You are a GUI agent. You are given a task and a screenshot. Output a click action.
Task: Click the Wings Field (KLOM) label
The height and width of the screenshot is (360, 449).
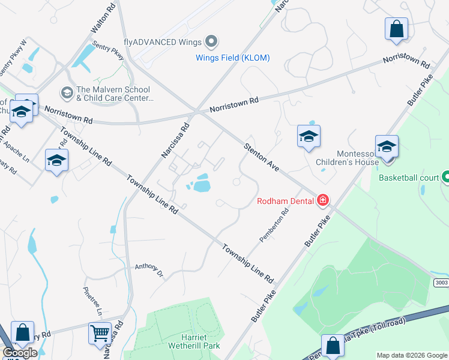click(233, 58)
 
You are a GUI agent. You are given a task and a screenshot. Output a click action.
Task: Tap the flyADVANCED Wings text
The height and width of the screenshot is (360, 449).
click(162, 42)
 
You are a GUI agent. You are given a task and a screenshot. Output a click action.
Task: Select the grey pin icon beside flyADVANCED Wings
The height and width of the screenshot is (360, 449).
click(211, 41)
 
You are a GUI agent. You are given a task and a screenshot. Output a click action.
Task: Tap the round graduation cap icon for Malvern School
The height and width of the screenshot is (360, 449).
click(67, 93)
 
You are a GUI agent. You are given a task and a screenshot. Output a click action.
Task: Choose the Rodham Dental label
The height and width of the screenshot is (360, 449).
click(286, 200)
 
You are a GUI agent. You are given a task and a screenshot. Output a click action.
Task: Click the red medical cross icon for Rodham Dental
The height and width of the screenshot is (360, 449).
click(323, 200)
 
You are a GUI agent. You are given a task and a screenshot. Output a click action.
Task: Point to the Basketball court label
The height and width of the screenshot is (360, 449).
click(409, 178)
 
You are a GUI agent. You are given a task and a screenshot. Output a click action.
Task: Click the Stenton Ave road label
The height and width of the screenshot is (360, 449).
click(262, 158)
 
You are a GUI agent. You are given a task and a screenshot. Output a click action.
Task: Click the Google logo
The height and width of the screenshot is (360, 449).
click(20, 353)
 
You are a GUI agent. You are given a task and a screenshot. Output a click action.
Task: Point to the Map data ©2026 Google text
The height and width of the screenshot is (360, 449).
click(412, 355)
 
